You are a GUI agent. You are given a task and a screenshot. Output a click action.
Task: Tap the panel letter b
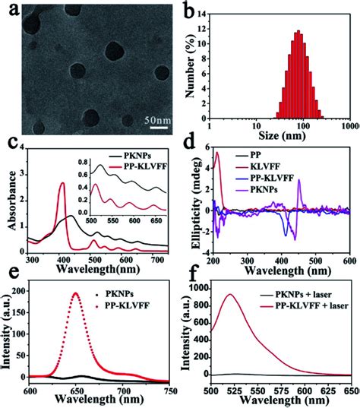tap(191, 9)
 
